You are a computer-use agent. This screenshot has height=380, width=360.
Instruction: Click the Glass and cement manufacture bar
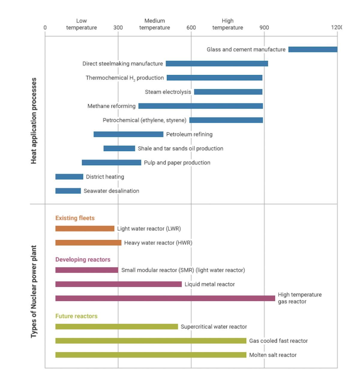313,49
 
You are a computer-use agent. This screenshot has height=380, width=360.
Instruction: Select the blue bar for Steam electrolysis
228,92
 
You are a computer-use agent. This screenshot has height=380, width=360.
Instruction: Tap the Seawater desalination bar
68,191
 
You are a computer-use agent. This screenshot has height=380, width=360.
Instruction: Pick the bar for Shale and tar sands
119,148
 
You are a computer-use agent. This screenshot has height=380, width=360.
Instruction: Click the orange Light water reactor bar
85,229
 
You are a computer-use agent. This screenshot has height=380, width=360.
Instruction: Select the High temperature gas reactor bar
165,298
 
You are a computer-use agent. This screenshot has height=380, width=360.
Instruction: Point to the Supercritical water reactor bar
117,327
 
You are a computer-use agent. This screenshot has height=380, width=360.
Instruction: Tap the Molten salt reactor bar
151,355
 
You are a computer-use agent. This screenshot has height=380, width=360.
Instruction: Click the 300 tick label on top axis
118,28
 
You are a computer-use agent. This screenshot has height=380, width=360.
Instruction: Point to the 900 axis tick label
264,28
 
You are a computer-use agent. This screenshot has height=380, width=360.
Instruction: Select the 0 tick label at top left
45,28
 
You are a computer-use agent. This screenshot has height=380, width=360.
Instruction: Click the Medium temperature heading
154,24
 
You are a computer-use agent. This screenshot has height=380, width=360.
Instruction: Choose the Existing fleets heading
75,218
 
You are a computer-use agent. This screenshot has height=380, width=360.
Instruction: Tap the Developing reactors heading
83,260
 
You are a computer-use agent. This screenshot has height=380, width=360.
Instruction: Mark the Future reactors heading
76,316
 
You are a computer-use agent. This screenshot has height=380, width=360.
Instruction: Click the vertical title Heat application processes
34,121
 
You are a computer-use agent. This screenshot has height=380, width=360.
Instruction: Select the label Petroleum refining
189,134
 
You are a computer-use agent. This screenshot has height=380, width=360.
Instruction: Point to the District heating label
105,177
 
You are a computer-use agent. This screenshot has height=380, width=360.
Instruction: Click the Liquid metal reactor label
210,284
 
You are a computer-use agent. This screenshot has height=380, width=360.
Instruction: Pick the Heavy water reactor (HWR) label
158,243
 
